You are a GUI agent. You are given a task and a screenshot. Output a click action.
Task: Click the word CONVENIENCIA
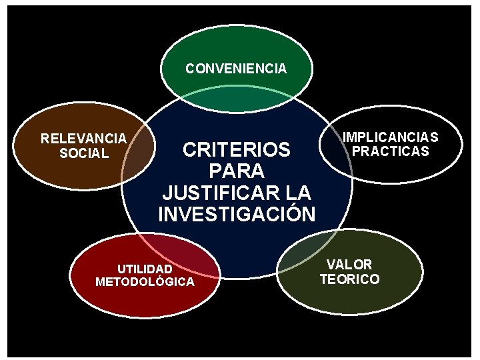pyautogui.click(x=236, y=69)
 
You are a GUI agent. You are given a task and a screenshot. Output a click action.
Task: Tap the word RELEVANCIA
pyautogui.click(x=83, y=139)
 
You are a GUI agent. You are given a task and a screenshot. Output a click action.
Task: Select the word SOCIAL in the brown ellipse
pyautogui.click(x=83, y=153)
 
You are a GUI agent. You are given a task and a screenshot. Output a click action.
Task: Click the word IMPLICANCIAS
pyautogui.click(x=390, y=137)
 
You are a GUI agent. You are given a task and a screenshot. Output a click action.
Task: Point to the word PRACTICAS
pyautogui.click(x=390, y=151)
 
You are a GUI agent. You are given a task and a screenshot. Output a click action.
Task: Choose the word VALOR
pyautogui.click(x=349, y=265)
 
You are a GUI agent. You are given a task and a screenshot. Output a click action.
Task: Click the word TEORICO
pyautogui.click(x=349, y=279)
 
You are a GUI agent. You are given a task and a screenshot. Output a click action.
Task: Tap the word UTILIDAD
pyautogui.click(x=145, y=269)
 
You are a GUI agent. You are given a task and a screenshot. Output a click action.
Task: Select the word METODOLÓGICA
pyautogui.click(x=145, y=282)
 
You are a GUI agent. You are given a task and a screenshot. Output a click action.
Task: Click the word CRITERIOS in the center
pyautogui.click(x=237, y=149)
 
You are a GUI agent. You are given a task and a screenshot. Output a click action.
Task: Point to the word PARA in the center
pyautogui.click(x=237, y=171)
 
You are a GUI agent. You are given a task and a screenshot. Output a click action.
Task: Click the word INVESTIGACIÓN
pyautogui.click(x=237, y=215)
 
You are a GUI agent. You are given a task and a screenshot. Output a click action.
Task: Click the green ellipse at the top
pyautogui.click(x=237, y=47)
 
